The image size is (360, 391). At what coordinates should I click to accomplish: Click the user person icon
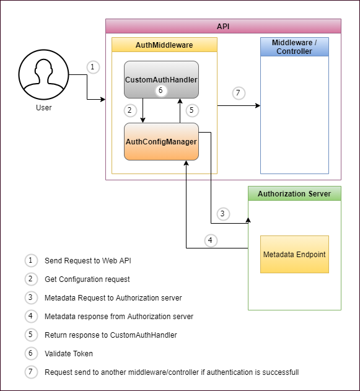43,74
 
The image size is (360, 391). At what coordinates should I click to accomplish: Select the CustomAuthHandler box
161,79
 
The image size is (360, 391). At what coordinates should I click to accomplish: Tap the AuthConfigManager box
161,141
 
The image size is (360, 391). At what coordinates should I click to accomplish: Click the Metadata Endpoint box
294,254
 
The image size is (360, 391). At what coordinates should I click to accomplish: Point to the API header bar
223,26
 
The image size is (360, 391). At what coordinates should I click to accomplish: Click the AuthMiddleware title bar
164,45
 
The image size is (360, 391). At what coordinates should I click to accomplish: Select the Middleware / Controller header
294,47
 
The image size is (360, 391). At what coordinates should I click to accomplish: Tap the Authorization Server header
294,193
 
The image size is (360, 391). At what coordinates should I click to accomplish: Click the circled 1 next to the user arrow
93,67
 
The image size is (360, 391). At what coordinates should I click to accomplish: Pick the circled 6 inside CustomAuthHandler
161,90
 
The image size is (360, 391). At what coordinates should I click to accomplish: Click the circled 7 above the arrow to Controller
239,93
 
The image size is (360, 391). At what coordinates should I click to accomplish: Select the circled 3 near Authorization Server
223,214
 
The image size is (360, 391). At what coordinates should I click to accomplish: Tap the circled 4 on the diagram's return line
211,240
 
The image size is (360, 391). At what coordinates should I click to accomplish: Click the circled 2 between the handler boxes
130,110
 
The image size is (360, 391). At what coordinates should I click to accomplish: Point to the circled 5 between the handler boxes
192,110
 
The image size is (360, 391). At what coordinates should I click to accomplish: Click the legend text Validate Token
69,354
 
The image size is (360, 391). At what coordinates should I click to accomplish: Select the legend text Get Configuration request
87,279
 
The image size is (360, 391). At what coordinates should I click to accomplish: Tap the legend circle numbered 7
31,372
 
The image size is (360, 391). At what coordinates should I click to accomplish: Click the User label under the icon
43,107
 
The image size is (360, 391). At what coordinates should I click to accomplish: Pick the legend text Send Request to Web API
88,261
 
